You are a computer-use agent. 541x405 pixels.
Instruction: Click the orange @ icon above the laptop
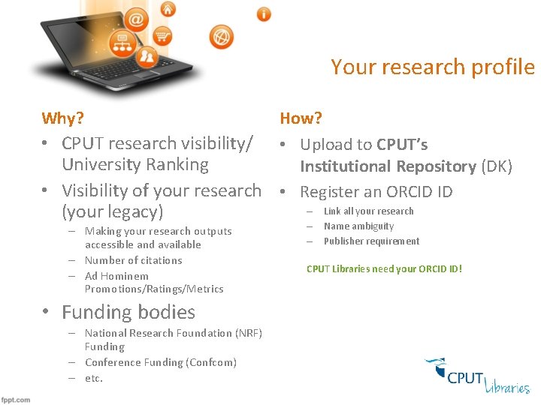[138, 18]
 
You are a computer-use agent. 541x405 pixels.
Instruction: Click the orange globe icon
[221, 36]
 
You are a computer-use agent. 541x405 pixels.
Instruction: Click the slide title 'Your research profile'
[432, 67]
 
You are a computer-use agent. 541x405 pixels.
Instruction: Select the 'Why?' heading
[62, 118]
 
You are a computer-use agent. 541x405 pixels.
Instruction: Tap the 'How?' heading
[301, 118]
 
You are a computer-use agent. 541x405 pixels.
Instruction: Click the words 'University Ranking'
[135, 164]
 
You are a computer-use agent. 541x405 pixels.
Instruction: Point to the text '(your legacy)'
[113, 211]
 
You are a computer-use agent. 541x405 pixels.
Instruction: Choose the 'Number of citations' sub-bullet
[133, 260]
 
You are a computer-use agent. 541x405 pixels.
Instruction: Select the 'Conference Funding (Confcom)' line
[160, 362]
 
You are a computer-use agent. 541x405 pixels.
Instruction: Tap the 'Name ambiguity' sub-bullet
[358, 226]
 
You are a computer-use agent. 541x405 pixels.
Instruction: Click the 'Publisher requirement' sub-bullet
[371, 241]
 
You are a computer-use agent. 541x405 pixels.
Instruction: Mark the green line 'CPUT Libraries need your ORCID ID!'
[384, 268]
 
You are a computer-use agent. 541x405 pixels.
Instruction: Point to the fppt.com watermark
[16, 400]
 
